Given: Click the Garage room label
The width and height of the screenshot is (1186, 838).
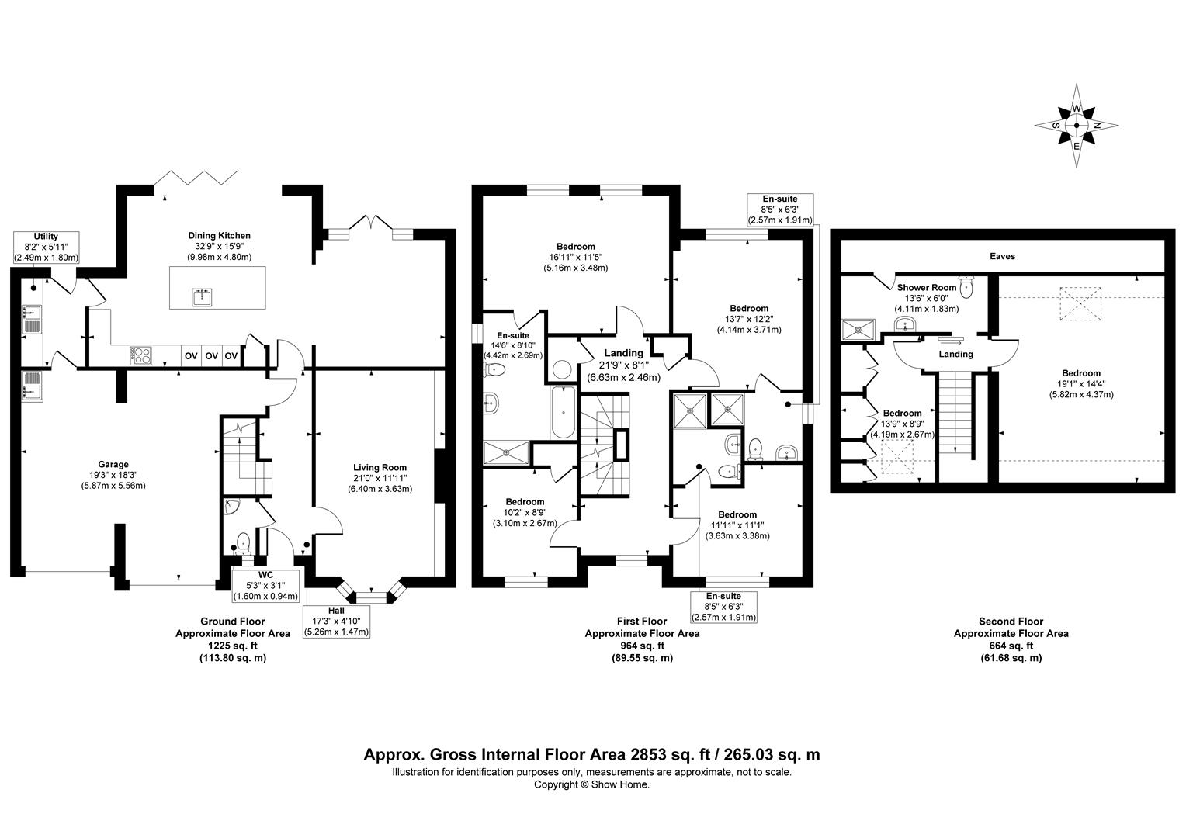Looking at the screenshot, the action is coord(113,464).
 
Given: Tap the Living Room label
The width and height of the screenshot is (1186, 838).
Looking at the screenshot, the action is coord(380,467).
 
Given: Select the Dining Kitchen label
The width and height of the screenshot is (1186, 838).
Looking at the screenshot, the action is coord(219,236).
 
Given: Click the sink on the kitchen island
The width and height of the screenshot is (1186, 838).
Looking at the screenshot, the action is coord(203,298).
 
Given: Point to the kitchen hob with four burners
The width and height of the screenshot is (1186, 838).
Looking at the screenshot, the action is coord(140,355).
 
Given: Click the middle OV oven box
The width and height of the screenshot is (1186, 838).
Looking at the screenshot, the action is coord(211,355).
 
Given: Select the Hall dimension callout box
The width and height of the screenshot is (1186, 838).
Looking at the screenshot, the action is coord(336,622).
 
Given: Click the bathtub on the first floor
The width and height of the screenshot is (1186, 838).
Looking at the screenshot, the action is coord(564,412).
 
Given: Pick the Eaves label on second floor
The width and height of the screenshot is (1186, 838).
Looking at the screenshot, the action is coord(1002,256).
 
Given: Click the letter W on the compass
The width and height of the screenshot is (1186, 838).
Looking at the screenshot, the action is coord(1076,109).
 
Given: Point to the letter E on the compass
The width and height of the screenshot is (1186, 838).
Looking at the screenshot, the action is coord(1076,146).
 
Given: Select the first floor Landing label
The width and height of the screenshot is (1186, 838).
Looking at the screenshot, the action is coord(624,353).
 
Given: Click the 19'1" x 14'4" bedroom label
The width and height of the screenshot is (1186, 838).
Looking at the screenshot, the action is coord(1081,384).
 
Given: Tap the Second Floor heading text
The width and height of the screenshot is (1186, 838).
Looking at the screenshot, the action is coord(1011,622).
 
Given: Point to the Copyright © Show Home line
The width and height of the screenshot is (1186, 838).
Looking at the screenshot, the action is coord(591,784).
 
